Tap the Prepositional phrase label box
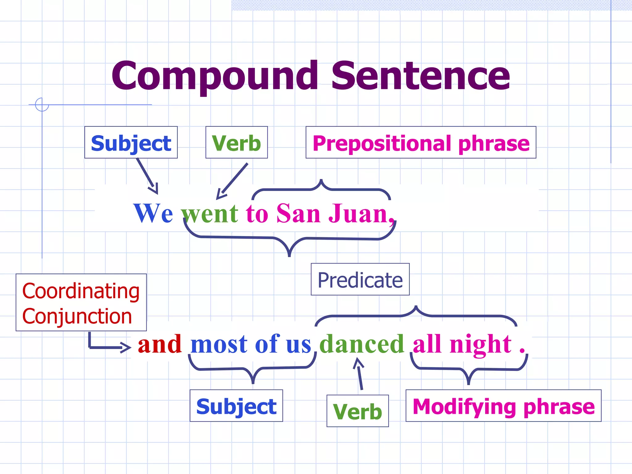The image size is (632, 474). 421,143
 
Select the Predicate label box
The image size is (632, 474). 360,280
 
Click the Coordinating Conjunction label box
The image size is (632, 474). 81,302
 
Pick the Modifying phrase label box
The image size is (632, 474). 503,406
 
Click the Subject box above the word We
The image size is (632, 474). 131,143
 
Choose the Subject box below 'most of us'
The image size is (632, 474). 236,406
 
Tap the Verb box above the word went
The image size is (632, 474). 236,143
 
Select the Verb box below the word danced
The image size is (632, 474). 357,411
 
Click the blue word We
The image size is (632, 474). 153,213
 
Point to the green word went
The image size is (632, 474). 210,213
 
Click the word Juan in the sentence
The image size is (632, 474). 358,213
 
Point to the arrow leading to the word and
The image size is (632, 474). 108,346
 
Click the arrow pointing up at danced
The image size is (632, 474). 360,373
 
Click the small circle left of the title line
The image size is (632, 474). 42,104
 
